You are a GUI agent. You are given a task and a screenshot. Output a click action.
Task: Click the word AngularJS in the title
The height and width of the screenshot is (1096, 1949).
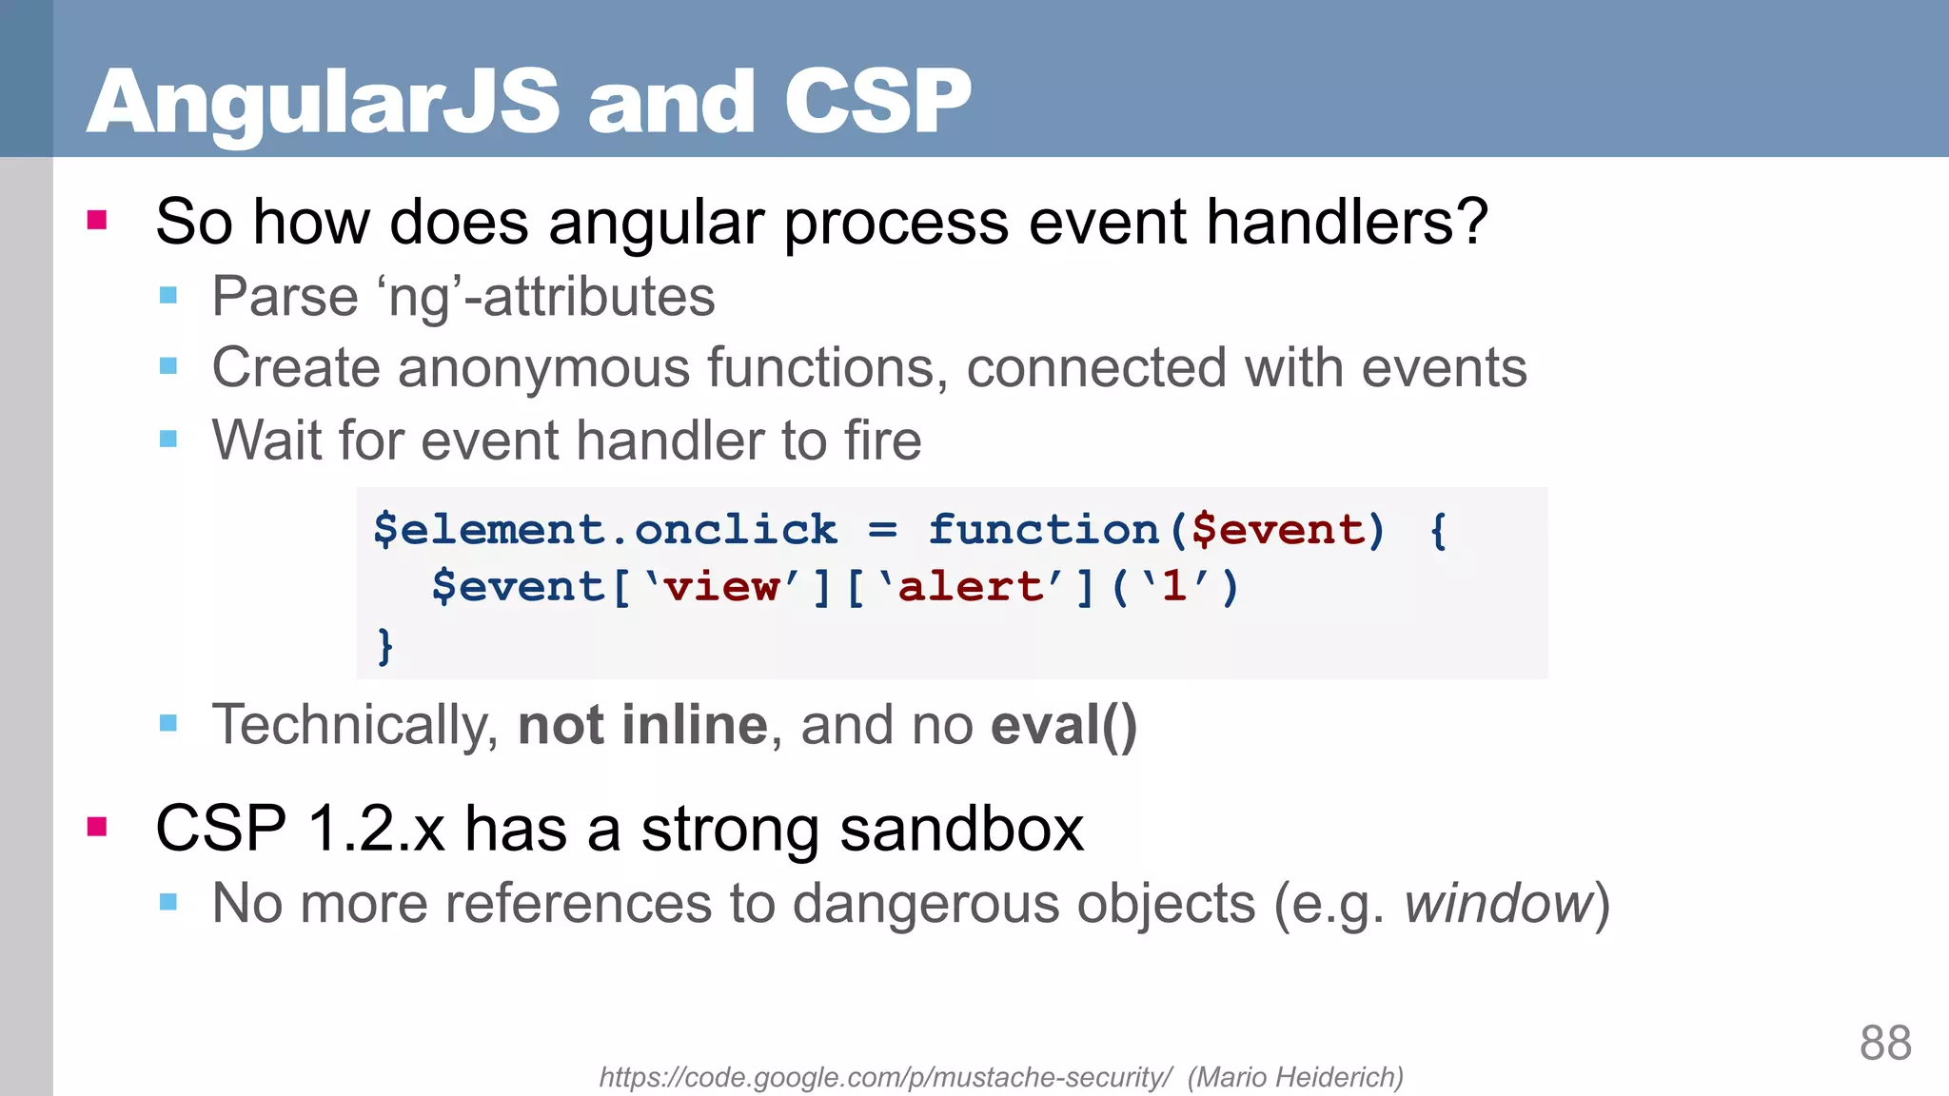324,103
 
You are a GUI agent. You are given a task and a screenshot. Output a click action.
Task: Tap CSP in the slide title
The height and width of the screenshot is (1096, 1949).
876,103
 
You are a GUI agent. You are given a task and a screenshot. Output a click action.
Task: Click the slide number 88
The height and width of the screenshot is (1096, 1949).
1884,1043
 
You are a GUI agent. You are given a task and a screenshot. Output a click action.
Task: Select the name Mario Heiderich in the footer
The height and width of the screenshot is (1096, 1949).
1295,1077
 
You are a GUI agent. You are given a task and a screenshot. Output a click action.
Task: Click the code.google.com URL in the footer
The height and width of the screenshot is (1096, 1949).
885,1077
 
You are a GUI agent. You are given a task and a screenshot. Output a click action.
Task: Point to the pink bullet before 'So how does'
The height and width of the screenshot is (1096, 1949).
97,221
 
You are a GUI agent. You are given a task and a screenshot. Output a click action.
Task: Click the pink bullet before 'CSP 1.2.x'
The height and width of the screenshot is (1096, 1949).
97,826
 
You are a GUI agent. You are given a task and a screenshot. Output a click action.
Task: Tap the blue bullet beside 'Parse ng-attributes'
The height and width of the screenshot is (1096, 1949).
168,295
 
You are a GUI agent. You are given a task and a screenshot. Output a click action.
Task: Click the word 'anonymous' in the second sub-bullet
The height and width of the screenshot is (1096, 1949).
543,368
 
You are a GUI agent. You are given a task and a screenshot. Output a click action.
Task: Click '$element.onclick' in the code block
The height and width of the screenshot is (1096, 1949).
605,530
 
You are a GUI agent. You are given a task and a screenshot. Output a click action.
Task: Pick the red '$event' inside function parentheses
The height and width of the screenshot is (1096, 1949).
1278,530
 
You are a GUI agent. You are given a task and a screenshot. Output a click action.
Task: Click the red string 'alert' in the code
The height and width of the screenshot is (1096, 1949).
970,587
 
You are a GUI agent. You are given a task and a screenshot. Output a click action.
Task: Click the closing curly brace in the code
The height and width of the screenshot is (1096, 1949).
384,646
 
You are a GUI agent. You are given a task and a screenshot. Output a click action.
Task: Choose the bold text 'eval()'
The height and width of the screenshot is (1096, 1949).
1063,725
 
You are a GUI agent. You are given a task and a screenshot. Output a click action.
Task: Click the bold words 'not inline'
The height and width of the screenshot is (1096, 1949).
642,725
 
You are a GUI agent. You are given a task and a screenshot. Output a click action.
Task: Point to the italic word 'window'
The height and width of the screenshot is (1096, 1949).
1498,903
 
